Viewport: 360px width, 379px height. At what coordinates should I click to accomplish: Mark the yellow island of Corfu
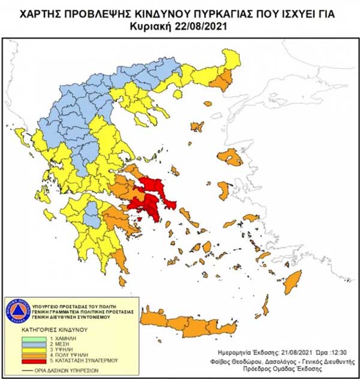pyautogui.click(x=22, y=138)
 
